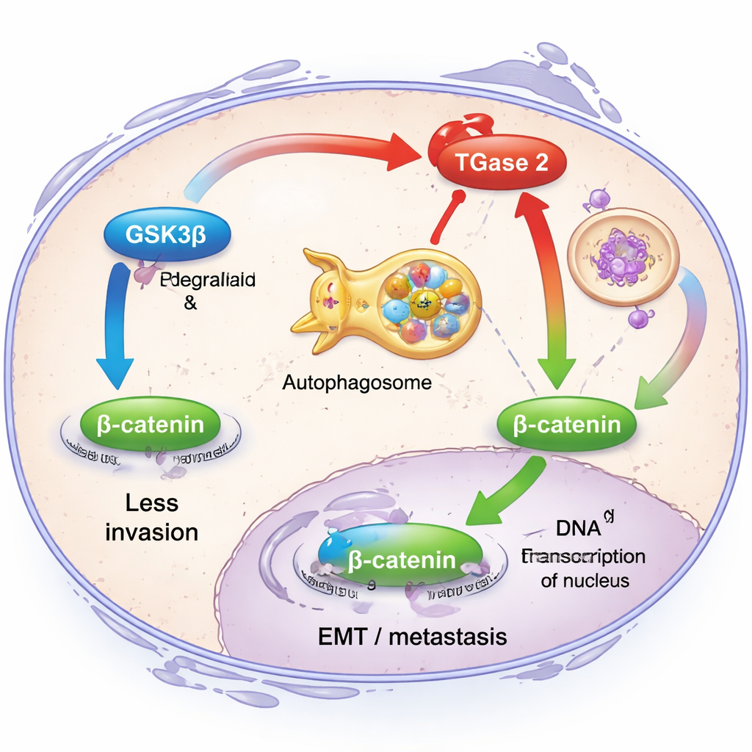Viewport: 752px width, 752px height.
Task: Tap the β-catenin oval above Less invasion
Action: pyautogui.click(x=151, y=424)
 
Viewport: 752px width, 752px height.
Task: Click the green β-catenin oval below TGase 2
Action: pyautogui.click(x=567, y=424)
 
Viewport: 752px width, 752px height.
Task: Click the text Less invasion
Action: pyautogui.click(x=151, y=518)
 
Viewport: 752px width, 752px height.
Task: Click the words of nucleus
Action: pyautogui.click(x=585, y=580)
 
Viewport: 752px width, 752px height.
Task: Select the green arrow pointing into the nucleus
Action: pyautogui.click(x=499, y=496)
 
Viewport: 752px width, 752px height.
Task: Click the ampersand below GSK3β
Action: pyautogui.click(x=189, y=302)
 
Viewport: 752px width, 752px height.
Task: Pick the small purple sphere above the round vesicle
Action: pyautogui.click(x=599, y=198)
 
